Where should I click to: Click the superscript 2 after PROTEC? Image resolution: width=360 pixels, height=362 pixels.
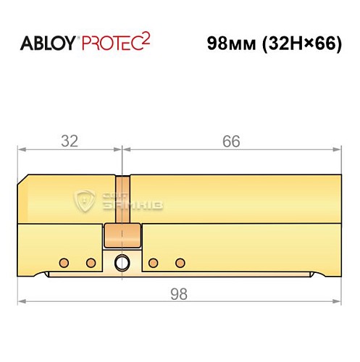pyautogui.click(x=145, y=38)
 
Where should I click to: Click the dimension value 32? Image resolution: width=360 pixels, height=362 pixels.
pyautogui.click(x=70, y=141)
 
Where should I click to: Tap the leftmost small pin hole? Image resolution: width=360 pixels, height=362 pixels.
pyautogui.click(x=64, y=261)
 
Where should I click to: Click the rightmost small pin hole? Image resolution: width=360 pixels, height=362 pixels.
pyautogui.click(x=180, y=261)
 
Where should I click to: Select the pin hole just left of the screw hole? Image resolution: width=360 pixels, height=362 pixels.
pyautogui.click(x=91, y=261)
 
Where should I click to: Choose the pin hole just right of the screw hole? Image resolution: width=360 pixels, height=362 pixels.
pyautogui.click(x=154, y=261)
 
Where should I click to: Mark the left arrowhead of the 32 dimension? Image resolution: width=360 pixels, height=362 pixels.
pyautogui.click(x=22, y=150)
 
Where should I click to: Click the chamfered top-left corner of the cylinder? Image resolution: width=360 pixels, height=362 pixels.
pyautogui.click(x=23, y=180)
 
